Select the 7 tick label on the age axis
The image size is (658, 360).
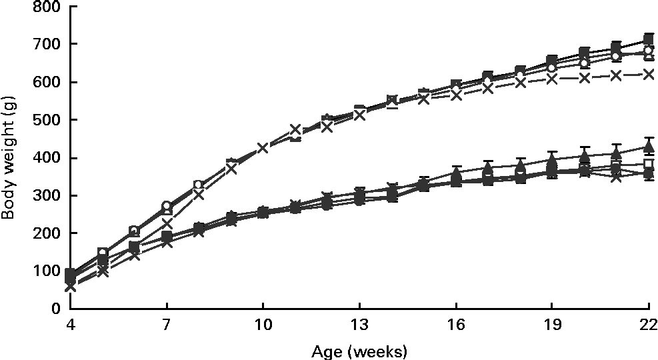[x=167, y=324]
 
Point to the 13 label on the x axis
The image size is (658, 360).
[x=359, y=324]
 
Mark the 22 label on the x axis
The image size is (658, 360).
[x=647, y=324]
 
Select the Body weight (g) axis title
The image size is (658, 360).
[x=9, y=158]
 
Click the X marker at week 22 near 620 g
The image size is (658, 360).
[x=647, y=75]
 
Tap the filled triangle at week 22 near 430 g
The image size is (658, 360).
[x=647, y=147]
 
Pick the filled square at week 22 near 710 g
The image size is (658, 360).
[x=647, y=40]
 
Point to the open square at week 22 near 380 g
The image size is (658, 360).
[x=647, y=164]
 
